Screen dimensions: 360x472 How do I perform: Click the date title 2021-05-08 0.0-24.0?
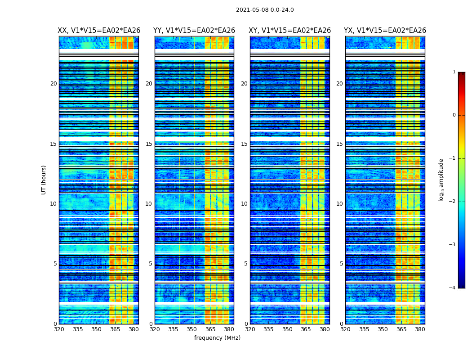(265, 10)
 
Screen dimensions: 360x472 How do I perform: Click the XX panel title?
(99, 31)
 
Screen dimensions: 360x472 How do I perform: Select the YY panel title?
(194, 31)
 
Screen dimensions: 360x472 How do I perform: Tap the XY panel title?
(290, 31)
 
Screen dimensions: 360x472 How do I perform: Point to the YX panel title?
(385, 31)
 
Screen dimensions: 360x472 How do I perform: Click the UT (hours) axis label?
(44, 180)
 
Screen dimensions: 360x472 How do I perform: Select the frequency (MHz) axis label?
(217, 338)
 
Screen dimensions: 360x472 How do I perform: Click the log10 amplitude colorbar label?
(441, 180)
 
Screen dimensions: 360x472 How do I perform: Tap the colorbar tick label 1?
(454, 72)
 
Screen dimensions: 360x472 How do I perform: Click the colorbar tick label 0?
(454, 115)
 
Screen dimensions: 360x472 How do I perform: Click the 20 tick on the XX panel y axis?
(53, 84)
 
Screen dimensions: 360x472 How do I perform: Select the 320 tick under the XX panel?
(59, 329)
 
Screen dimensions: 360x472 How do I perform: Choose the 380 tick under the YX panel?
(420, 329)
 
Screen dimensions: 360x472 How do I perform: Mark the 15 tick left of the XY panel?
(244, 144)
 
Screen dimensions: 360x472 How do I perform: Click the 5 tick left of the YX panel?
(341, 264)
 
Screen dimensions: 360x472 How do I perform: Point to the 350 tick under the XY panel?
(287, 329)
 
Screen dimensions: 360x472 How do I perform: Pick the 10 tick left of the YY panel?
(149, 204)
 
